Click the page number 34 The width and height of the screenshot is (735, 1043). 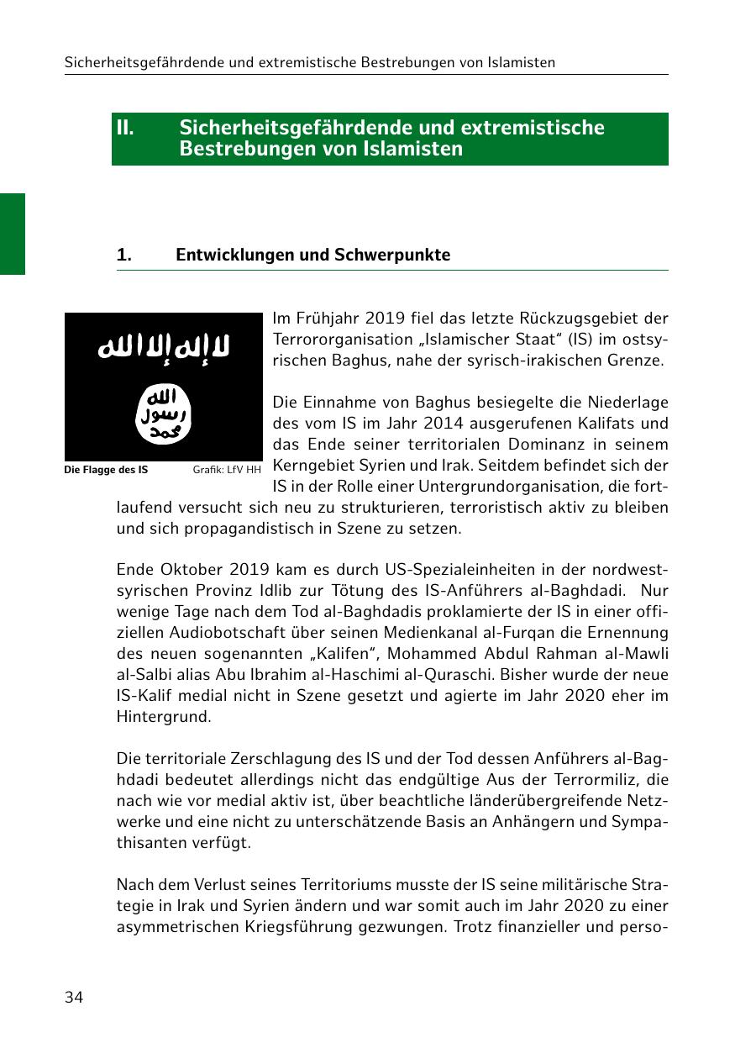[x=74, y=998]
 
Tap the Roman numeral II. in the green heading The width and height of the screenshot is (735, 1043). [x=125, y=128]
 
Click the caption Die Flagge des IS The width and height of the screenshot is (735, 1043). [x=106, y=470]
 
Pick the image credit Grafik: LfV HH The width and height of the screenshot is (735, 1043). [x=227, y=470]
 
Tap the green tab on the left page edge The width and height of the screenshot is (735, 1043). [x=13, y=234]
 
